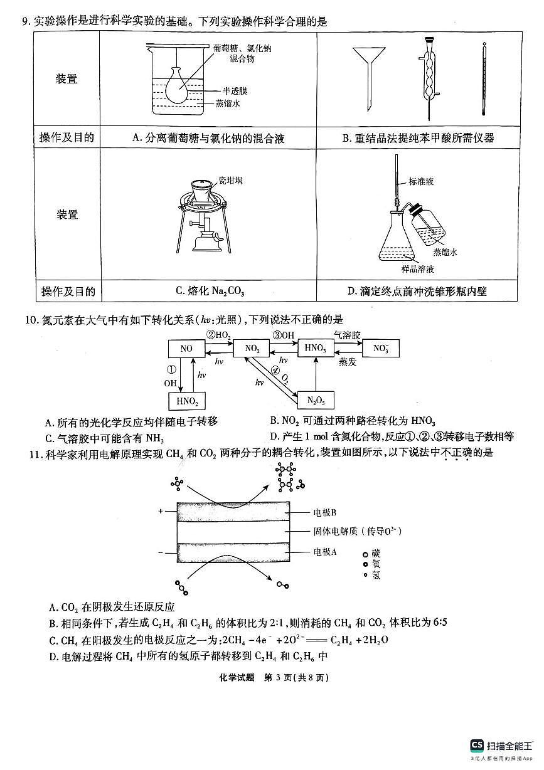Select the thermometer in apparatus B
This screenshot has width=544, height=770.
(484, 78)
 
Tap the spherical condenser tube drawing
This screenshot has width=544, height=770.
(429, 75)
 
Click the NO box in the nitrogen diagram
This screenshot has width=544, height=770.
(186, 349)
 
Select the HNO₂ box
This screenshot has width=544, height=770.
(186, 401)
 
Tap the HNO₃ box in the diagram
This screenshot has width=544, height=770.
(315, 348)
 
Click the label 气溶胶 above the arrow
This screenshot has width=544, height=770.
(347, 335)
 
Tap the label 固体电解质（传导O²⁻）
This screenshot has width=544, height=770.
(357, 531)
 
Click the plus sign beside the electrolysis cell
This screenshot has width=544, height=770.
(161, 511)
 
